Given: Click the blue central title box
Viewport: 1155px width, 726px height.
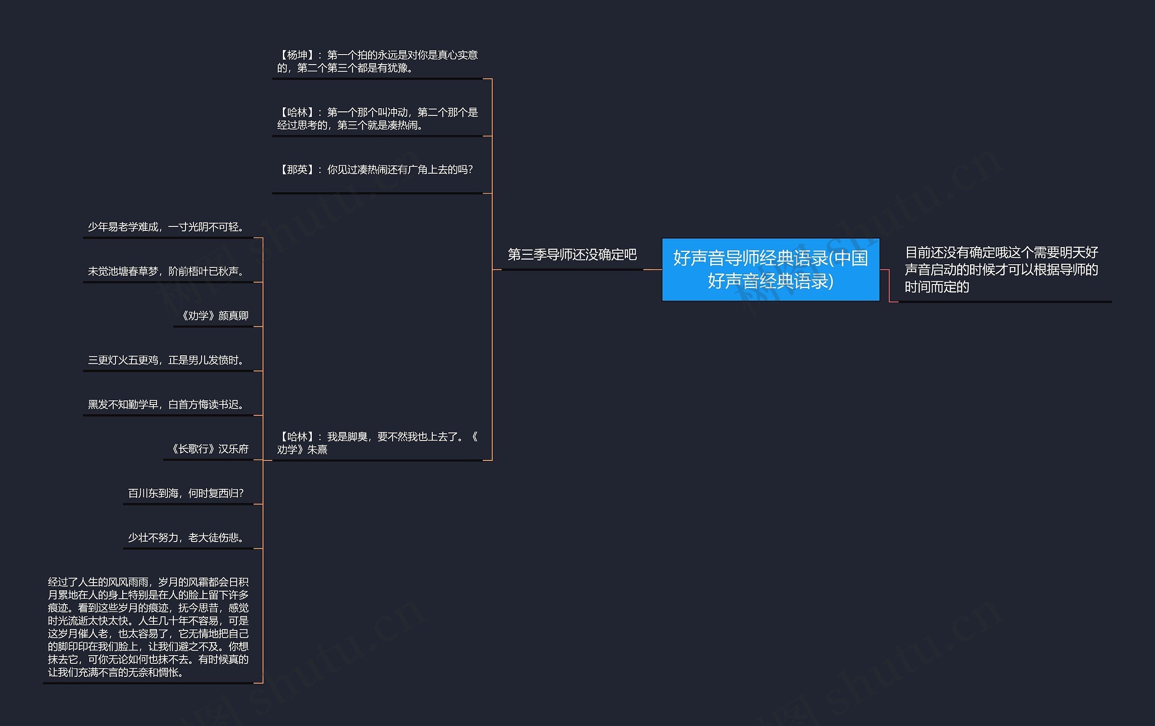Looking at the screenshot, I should (770, 270).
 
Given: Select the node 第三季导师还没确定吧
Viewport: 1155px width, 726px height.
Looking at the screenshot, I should (572, 255).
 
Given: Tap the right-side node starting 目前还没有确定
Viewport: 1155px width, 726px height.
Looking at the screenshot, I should (1001, 270).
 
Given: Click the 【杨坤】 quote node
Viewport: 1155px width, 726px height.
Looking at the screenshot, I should (378, 62).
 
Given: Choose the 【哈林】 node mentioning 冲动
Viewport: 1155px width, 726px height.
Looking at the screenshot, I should (378, 119).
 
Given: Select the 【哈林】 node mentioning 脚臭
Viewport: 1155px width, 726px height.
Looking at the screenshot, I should (378, 443).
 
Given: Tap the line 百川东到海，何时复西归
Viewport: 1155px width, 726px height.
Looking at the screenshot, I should (186, 493).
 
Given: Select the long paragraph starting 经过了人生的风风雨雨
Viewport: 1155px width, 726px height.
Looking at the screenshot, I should (148, 627).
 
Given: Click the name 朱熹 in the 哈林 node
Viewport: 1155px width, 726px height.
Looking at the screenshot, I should (317, 450).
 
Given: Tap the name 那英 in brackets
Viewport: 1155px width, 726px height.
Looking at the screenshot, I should (297, 170).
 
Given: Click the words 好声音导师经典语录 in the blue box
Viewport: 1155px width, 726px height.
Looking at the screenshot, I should (751, 258).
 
